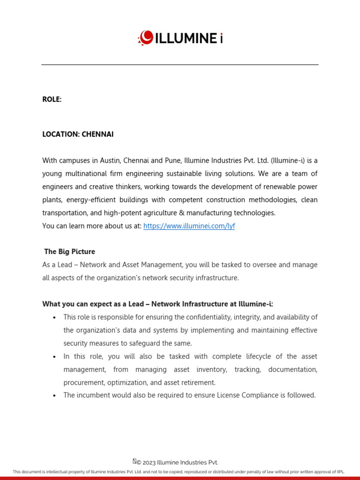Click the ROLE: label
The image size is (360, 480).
click(52, 99)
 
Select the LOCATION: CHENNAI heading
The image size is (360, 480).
click(78, 135)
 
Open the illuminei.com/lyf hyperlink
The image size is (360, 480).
click(189, 226)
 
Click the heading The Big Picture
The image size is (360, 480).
click(69, 252)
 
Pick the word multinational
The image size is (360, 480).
click(85, 173)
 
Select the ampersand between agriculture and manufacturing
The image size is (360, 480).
click(181, 213)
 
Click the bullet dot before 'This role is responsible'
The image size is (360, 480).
click(55, 318)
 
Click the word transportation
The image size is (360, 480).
click(64, 213)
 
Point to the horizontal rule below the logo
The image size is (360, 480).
click(180, 65)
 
